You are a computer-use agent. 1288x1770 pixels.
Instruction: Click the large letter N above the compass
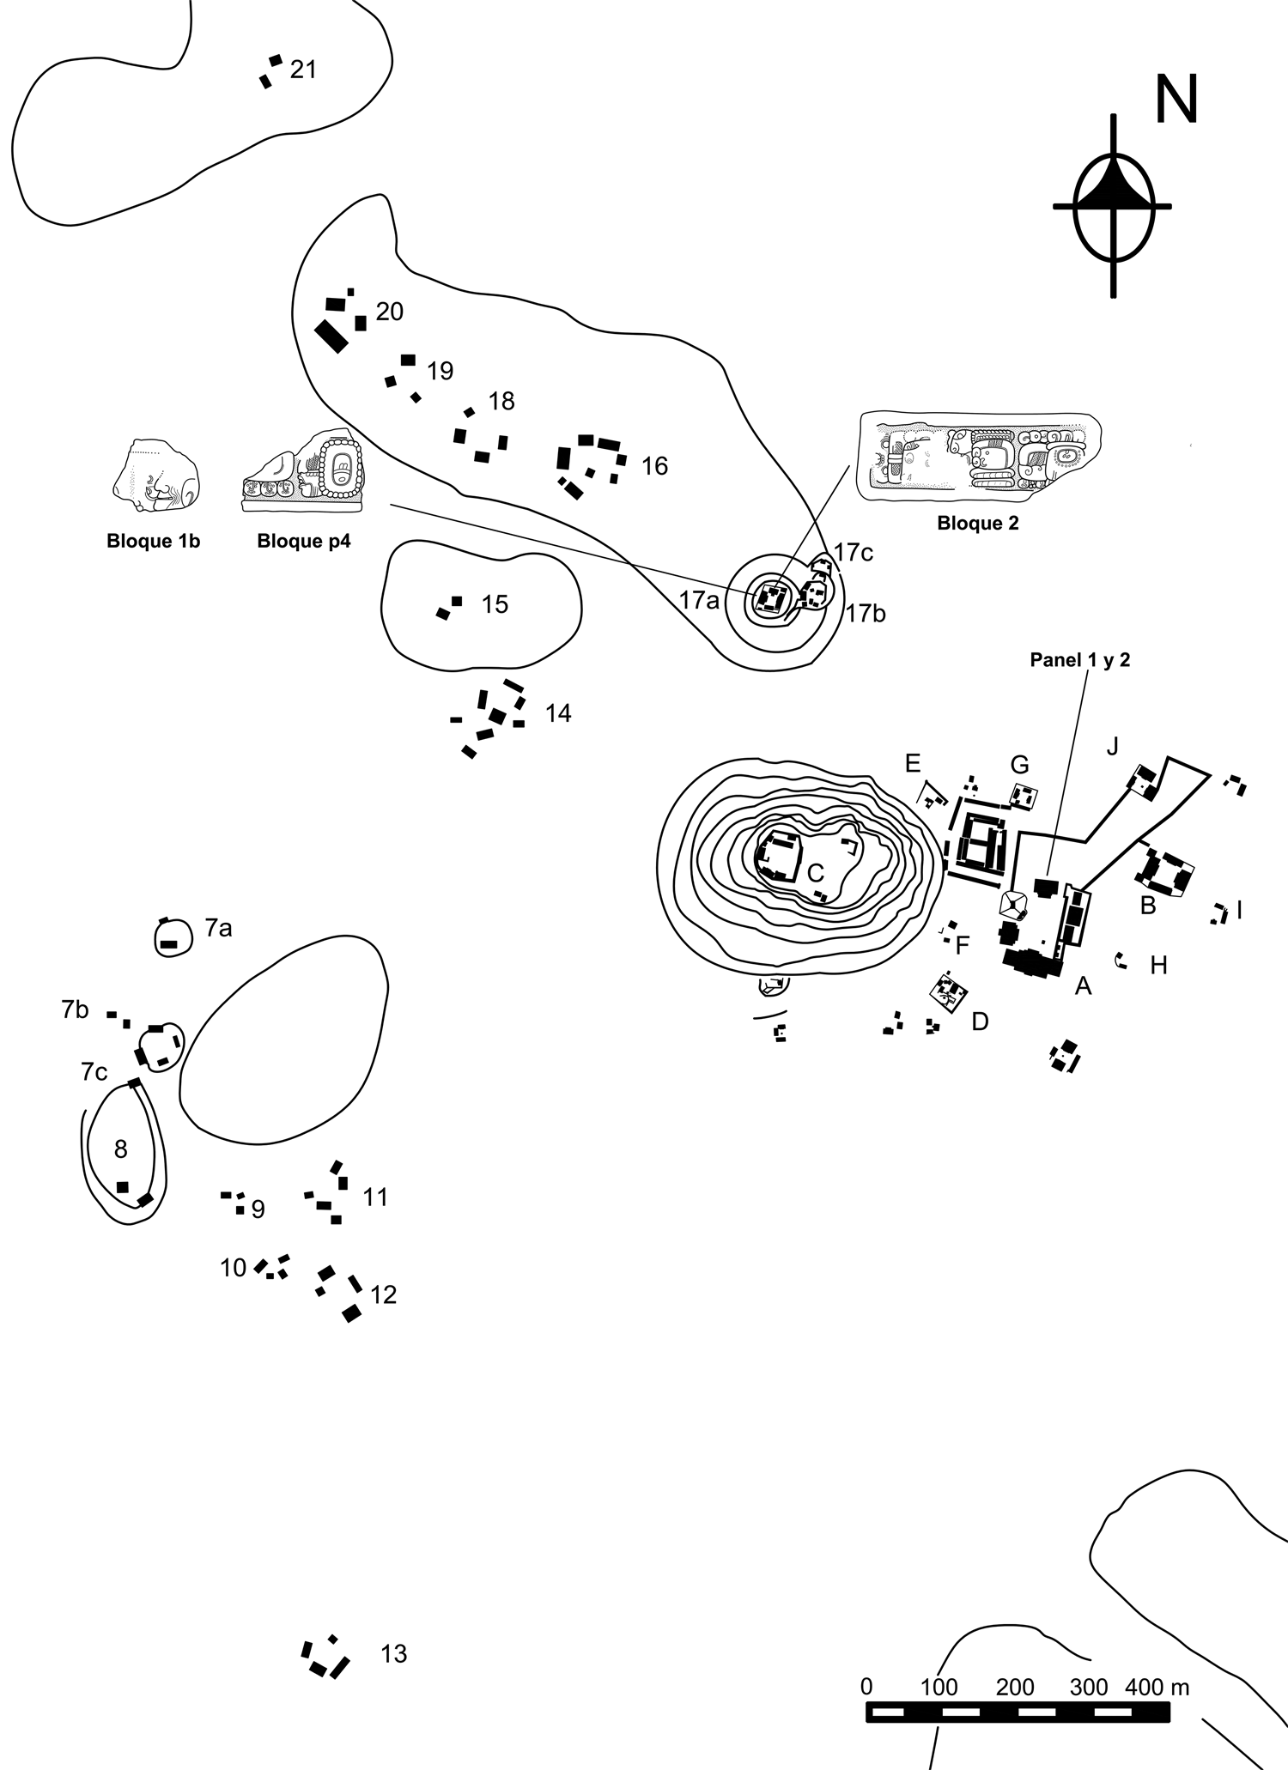1176,100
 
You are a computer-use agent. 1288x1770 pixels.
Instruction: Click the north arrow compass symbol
1114,206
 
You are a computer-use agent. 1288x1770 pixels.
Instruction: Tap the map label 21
303,70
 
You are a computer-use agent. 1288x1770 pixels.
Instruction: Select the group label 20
389,312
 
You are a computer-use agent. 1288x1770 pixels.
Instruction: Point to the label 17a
699,601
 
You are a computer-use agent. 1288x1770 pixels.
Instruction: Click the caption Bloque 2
978,524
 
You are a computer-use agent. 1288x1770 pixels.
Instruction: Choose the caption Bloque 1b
154,542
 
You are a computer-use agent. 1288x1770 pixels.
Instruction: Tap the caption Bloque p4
304,542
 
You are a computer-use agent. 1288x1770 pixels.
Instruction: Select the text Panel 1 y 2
1080,661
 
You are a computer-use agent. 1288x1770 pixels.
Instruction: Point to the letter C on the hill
816,873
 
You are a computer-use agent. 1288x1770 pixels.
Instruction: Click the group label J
1113,746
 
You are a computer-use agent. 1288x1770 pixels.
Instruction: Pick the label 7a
218,928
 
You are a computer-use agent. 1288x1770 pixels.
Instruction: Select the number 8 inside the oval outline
121,1149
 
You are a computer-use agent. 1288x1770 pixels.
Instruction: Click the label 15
495,604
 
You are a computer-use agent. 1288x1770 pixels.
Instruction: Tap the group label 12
383,1294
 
